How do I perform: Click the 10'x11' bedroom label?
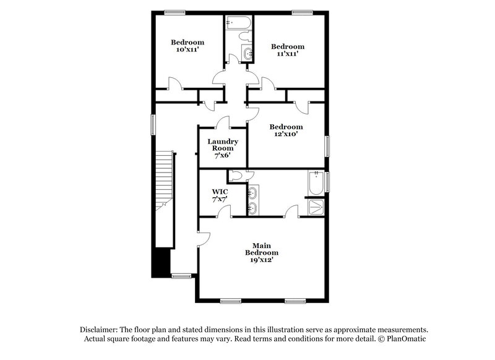click(187, 46)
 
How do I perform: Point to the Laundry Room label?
click(223, 149)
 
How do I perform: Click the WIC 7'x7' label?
click(220, 196)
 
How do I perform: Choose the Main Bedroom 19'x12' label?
click(262, 252)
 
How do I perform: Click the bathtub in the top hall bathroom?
click(238, 24)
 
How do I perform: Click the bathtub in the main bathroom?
click(315, 182)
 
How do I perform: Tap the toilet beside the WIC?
click(235, 174)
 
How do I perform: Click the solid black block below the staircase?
click(162, 263)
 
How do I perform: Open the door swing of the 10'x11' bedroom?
click(175, 82)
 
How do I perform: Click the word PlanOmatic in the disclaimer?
click(405, 339)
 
